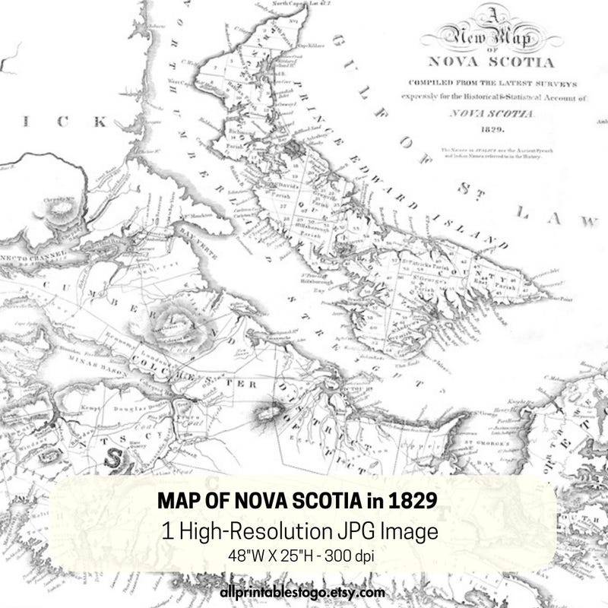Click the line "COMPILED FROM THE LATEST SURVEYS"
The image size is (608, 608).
tap(494, 84)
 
